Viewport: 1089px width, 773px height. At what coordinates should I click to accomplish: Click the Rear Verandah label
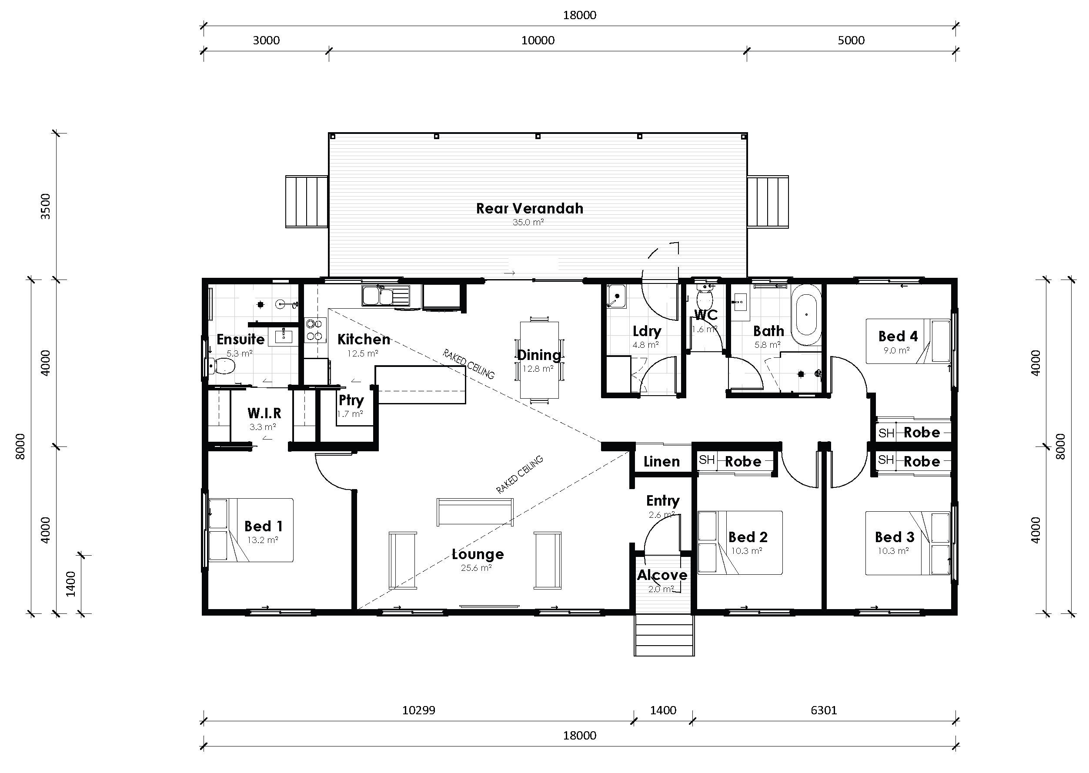530,209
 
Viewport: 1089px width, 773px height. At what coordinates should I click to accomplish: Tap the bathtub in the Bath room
806,315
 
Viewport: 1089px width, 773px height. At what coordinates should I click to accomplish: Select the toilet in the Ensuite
222,366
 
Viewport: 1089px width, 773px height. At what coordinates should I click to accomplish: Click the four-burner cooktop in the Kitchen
315,330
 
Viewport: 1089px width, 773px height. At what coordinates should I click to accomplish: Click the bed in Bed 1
251,530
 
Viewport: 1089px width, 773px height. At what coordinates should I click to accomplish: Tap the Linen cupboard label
661,461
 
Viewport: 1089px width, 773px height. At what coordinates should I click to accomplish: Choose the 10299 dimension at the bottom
418,710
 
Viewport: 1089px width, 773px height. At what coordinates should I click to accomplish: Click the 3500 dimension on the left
45,206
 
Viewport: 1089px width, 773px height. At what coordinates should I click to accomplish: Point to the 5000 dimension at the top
851,40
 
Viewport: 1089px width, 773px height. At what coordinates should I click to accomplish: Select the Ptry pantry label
351,400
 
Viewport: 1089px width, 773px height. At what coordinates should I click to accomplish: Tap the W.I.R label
264,413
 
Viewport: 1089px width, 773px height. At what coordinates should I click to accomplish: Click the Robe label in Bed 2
743,461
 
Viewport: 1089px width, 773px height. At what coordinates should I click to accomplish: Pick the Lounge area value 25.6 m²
476,568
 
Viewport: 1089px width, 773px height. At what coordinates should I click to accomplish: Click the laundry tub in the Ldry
616,296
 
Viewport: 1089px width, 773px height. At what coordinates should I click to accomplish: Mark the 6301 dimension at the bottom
823,710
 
